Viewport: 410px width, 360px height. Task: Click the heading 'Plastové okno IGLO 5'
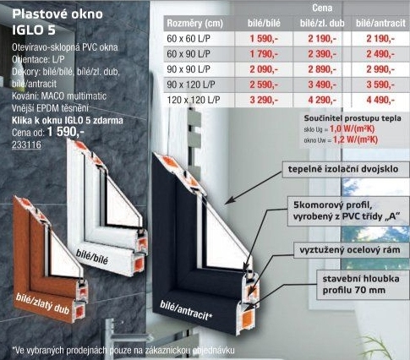tap(57, 22)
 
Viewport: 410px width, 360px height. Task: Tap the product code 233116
tap(26, 145)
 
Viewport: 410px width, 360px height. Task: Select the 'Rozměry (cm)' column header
tap(194, 24)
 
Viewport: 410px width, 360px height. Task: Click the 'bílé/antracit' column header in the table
tap(380, 24)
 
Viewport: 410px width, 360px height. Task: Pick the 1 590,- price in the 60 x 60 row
tap(264, 39)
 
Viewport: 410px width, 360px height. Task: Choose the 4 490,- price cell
tap(380, 100)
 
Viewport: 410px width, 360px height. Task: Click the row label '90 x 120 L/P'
tap(191, 85)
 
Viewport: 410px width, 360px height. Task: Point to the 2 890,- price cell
tap(322, 69)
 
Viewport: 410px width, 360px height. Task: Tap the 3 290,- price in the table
tap(264, 100)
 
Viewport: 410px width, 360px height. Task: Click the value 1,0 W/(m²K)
tap(352, 129)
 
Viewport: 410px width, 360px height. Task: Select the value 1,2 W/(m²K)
tap(355, 139)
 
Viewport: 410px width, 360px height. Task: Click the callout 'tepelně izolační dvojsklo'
tap(343, 169)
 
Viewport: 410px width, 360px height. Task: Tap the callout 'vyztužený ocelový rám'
tap(350, 250)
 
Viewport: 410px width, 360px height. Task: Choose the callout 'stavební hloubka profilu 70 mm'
tap(361, 285)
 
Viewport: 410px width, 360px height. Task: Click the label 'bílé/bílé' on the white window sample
tap(92, 257)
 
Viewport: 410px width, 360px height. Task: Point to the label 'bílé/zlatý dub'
tap(42, 303)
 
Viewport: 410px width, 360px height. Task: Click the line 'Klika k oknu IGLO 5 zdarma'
tap(68, 121)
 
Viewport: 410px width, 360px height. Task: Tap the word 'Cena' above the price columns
tap(322, 8)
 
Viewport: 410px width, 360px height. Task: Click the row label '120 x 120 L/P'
tap(194, 100)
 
